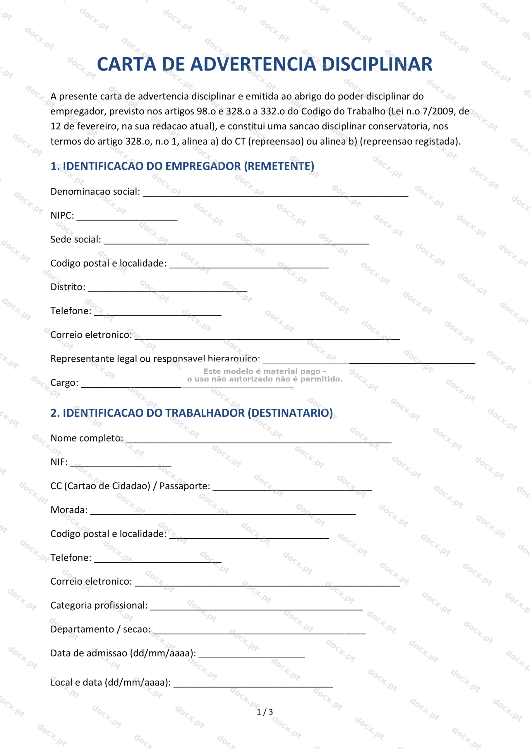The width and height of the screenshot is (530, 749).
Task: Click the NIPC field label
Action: click(x=62, y=215)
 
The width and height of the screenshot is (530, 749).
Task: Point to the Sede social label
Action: click(x=76, y=239)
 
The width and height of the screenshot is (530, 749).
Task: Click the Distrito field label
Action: click(x=68, y=287)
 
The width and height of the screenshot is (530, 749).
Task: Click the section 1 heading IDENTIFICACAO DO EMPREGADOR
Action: click(x=182, y=166)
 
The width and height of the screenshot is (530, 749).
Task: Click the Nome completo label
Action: click(x=87, y=438)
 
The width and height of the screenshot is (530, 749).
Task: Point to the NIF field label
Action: click(x=59, y=462)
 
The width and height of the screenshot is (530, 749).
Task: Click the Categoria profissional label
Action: click(x=99, y=605)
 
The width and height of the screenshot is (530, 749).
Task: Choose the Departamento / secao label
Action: click(x=100, y=629)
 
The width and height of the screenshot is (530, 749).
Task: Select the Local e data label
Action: click(x=110, y=683)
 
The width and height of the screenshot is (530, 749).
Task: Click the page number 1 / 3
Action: click(x=265, y=712)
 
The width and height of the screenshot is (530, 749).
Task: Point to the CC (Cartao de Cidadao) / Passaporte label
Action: click(x=130, y=486)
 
